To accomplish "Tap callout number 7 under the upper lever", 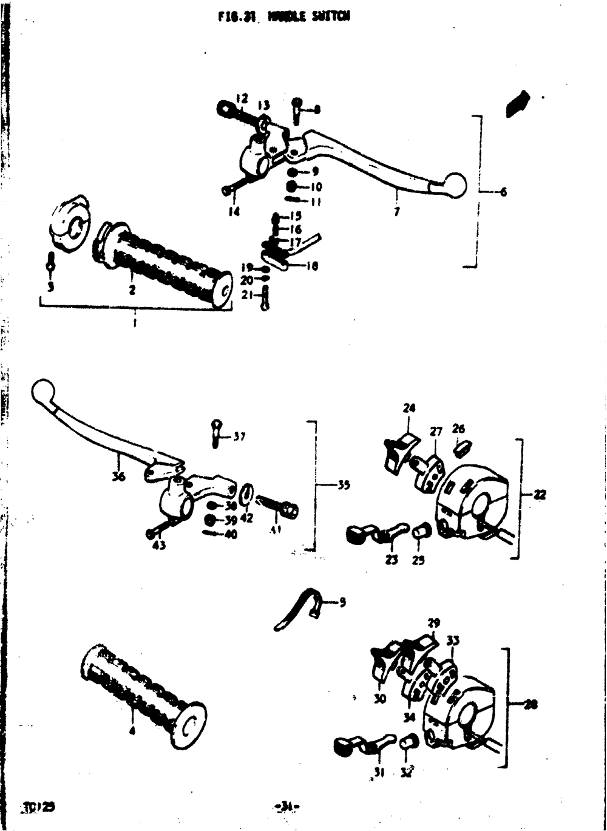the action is (396, 213).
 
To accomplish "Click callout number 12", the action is (242, 98).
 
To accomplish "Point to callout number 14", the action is (234, 212).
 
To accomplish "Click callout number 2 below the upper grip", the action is (132, 290).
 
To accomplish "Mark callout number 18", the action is (311, 266).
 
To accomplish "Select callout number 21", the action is (246, 295).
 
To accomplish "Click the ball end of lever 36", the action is (42, 390).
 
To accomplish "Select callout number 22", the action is (540, 495).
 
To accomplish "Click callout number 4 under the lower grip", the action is (132, 731).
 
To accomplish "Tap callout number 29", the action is (433, 622).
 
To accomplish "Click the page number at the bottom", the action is (287, 807).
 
